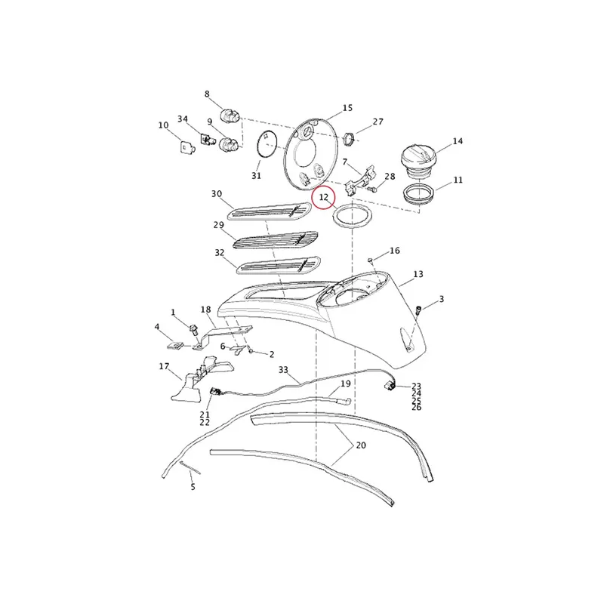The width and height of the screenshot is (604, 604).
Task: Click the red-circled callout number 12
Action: coord(324,197)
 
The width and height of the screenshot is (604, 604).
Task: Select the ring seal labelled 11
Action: coord(420,194)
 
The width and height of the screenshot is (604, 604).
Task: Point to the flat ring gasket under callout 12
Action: coord(353,217)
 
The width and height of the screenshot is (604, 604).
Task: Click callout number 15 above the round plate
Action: coord(347,108)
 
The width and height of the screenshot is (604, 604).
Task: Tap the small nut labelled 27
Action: coord(348,139)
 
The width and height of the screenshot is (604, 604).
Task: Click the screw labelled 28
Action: coord(372,190)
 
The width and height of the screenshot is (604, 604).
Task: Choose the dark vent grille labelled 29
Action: coord(276,240)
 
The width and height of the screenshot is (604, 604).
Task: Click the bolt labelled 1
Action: coord(193,330)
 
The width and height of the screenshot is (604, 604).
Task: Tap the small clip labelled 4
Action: coord(175,346)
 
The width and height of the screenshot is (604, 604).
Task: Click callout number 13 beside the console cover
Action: coord(418,274)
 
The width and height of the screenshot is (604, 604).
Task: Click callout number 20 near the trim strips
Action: coord(361,445)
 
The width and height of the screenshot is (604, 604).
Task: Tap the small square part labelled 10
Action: coord(187,147)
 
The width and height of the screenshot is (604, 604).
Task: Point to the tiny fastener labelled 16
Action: coord(370,260)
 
